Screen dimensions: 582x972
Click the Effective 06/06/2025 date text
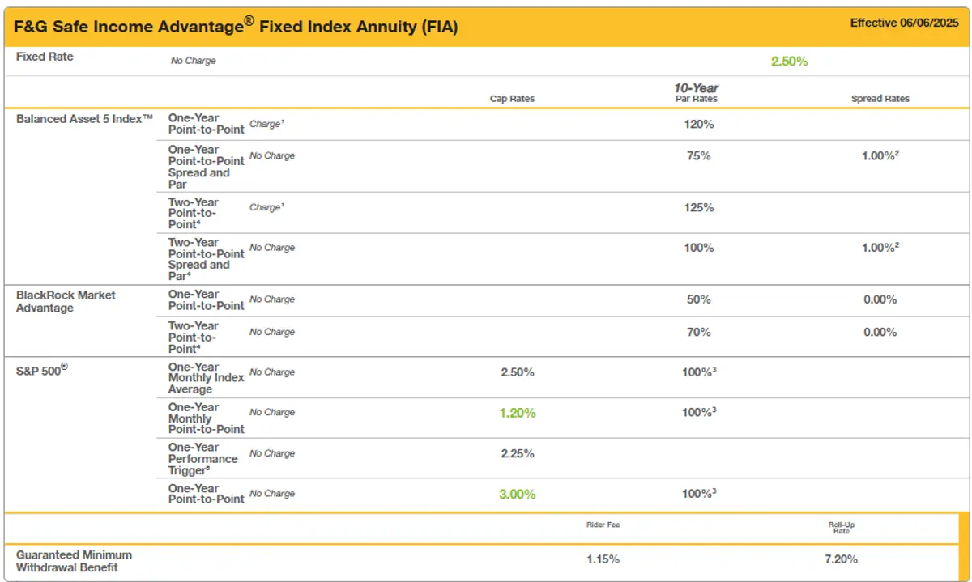click(x=903, y=23)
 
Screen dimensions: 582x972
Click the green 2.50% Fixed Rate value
click(x=789, y=61)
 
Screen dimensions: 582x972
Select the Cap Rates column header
click(x=512, y=99)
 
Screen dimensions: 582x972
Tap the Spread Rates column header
click(x=880, y=99)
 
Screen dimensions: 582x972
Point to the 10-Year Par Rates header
click(x=697, y=93)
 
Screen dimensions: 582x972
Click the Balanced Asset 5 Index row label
click(x=85, y=118)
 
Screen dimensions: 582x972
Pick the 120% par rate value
click(x=698, y=124)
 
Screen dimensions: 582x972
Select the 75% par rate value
click(x=698, y=155)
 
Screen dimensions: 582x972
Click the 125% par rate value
click(x=698, y=207)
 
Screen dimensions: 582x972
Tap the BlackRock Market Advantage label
click(x=66, y=301)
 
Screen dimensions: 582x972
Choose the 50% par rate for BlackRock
click(x=698, y=299)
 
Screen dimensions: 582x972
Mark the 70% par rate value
click(x=698, y=332)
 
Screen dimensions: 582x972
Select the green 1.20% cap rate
click(x=518, y=413)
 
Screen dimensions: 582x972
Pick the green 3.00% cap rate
click(x=518, y=494)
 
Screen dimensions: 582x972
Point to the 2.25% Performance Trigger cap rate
click(x=518, y=453)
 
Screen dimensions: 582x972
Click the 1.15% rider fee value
click(x=603, y=559)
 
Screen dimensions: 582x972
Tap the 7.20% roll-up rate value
click(x=841, y=559)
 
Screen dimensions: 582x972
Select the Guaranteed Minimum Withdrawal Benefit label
click(x=74, y=561)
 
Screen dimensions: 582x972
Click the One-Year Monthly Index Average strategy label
click(x=206, y=378)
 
